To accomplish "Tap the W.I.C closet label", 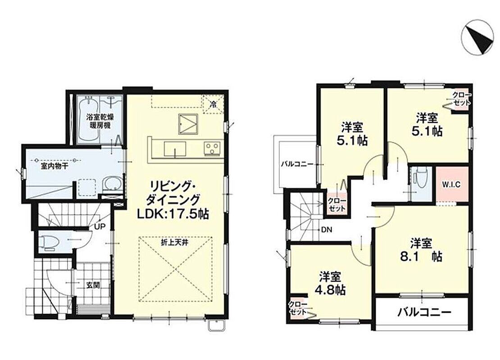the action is coord(451,185).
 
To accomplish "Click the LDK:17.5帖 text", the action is coord(173,214).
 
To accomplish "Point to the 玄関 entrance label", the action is coord(93,285).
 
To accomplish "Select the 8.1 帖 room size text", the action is coord(421,257).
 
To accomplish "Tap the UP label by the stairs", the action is coord(100,226).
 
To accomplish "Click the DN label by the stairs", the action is coord(327,229).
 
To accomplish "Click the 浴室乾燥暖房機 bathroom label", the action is coord(100,121).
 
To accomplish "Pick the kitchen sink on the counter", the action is coord(175,149).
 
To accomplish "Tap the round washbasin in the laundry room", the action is coord(112,184).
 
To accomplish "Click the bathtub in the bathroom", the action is coord(88,120).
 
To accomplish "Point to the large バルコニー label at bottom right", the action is coord(424,311).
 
